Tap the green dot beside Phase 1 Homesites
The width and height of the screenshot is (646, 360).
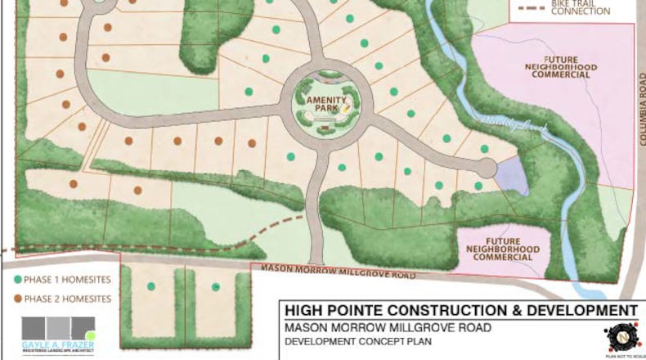pyautogui.click(x=18, y=280)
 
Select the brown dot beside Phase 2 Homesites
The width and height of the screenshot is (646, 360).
pyautogui.click(x=18, y=299)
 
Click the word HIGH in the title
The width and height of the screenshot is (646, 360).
pyautogui.click(x=303, y=311)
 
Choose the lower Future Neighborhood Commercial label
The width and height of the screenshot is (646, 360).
pyautogui.click(x=501, y=249)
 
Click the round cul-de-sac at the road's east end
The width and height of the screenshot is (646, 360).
pyautogui.click(x=486, y=169)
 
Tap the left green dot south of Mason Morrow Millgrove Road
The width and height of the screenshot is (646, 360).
pyautogui.click(x=151, y=286)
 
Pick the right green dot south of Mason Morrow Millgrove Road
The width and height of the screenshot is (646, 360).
pyautogui.click(x=216, y=287)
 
